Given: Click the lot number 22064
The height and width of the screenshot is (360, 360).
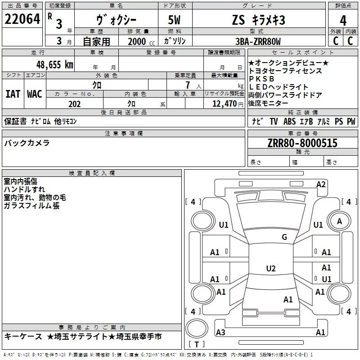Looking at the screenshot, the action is [x=22, y=20].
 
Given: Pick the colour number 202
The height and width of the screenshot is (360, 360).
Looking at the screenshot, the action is [x=74, y=104].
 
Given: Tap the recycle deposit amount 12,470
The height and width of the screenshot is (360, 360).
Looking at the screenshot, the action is [x=224, y=104].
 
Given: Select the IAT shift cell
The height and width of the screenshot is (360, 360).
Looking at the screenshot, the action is [x=13, y=94].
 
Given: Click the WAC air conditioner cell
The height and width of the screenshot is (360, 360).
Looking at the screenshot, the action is [x=34, y=94].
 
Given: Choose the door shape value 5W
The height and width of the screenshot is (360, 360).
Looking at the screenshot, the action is [x=175, y=20].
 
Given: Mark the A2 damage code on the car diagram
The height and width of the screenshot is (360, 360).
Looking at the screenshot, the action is [x=321, y=184].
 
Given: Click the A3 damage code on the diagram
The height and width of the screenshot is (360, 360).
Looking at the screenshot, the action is [x=220, y=332].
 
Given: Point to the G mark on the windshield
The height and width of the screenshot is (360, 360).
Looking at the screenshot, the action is [x=284, y=237].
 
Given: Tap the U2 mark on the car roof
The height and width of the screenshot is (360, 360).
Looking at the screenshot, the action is [x=271, y=269].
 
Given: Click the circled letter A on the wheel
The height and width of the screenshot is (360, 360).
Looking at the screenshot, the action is [x=339, y=221].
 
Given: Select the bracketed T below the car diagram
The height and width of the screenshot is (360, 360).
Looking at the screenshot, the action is [x=196, y=345].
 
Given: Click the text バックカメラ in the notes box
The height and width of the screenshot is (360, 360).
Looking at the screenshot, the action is [x=27, y=143].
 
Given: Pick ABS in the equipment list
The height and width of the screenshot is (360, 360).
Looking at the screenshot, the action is [x=289, y=121].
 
